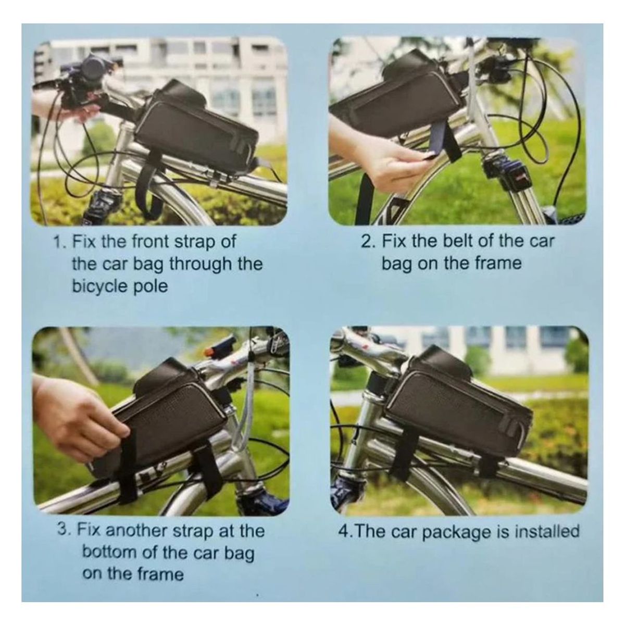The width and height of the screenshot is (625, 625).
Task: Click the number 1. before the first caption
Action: pos(60,242)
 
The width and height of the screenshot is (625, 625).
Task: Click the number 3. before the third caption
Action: pos(65,531)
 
